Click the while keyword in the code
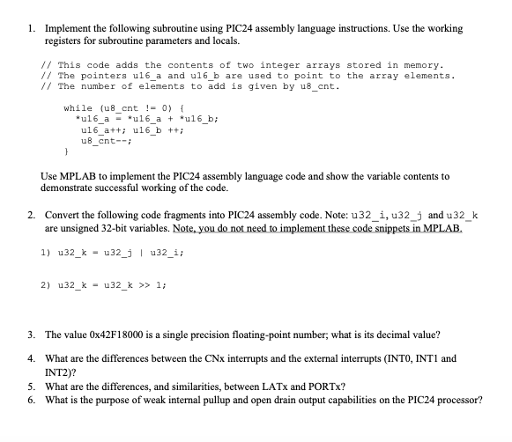tap(78, 107)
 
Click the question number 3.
tap(31, 335)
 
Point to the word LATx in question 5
tap(261, 386)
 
